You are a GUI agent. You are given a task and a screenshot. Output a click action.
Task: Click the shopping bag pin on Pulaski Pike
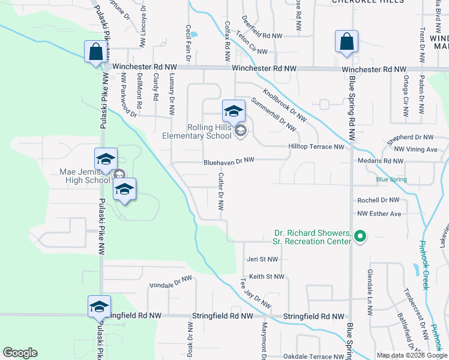[x=96, y=52]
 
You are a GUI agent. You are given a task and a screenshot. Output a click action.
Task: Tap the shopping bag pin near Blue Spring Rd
[x=347, y=42]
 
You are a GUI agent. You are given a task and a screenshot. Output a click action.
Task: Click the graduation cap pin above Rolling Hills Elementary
[x=234, y=111]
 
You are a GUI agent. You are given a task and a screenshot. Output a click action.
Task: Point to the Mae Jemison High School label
[x=85, y=175]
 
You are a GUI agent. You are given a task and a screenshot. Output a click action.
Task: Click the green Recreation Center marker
[x=360, y=237]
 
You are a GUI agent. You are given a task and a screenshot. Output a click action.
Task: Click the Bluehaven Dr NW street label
[x=229, y=161]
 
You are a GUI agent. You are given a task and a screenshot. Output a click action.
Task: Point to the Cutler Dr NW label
[x=221, y=192]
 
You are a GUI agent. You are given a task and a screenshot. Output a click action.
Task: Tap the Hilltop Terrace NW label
[x=316, y=146]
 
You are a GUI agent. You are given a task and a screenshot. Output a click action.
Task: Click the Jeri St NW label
[x=263, y=259]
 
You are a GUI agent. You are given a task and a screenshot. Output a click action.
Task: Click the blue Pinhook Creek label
[x=425, y=270]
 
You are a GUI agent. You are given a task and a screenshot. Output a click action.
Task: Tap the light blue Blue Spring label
[x=391, y=179]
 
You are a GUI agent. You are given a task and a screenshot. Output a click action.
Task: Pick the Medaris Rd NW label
[x=385, y=161]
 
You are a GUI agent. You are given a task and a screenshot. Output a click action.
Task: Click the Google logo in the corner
[x=20, y=353]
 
